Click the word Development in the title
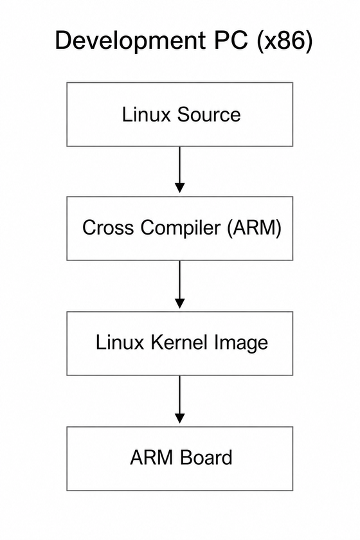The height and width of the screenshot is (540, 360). (x=130, y=41)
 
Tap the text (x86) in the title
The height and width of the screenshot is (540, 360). (x=284, y=40)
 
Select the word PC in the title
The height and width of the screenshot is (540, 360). (x=231, y=40)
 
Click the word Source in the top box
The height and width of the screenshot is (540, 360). (x=209, y=114)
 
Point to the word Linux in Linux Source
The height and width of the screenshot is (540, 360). (x=147, y=114)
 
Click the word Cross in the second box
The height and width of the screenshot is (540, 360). (x=108, y=228)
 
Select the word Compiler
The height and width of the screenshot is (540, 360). (x=180, y=228)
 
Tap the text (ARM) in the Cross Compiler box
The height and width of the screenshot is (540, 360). (x=254, y=228)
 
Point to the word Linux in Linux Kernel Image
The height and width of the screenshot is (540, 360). (x=120, y=342)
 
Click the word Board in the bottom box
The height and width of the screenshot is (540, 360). (x=206, y=458)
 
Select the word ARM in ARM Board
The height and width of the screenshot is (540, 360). (x=151, y=458)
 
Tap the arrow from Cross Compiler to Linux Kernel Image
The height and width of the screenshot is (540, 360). (x=179, y=284)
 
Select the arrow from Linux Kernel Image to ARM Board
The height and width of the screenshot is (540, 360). (x=179, y=399)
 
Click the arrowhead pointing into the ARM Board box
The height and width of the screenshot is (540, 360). (x=179, y=419)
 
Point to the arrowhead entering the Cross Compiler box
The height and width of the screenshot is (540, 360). (x=179, y=188)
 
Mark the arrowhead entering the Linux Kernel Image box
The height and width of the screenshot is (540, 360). (x=179, y=303)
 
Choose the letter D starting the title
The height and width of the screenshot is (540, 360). (x=63, y=40)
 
